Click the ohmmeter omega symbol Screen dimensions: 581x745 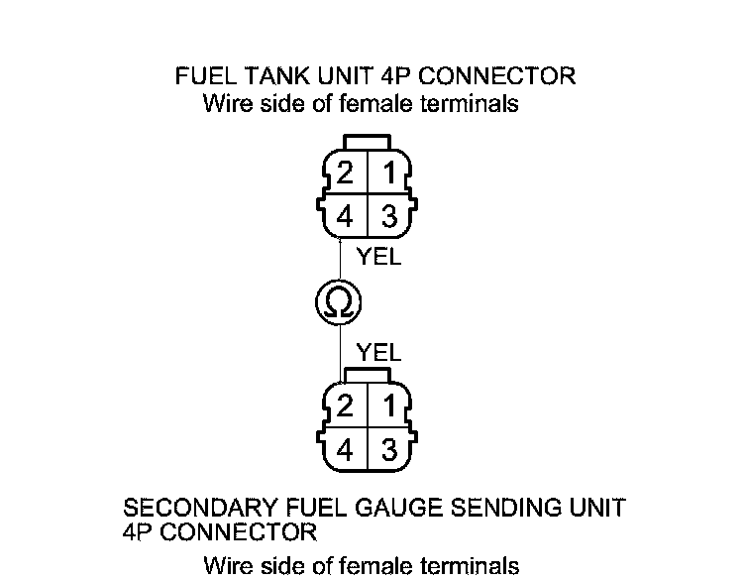339,303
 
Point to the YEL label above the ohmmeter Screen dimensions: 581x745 378,259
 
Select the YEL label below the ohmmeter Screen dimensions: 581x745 378,352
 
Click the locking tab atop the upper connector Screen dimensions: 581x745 367,142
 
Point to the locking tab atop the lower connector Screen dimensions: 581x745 367,374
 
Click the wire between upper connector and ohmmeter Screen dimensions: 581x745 340,260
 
